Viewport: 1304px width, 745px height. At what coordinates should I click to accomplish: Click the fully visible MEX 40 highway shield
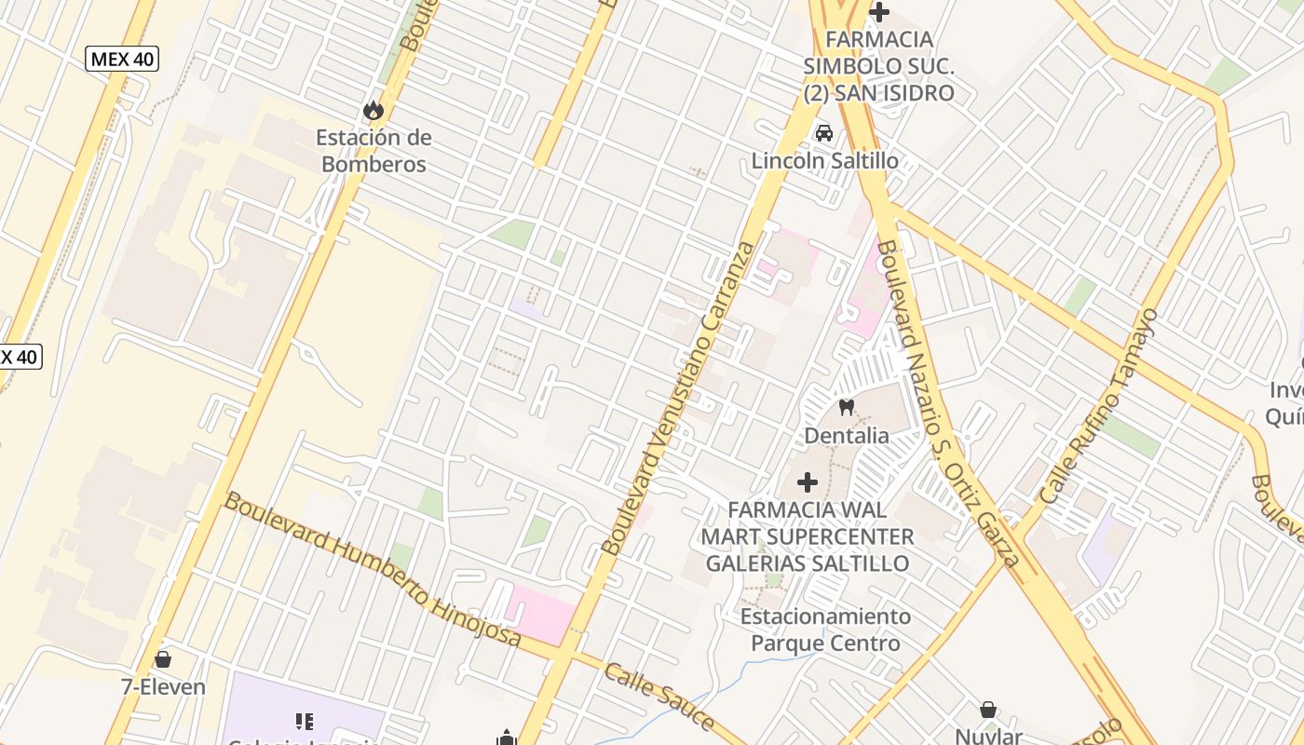(x=122, y=60)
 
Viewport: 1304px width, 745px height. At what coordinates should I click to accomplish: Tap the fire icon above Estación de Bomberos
(x=374, y=110)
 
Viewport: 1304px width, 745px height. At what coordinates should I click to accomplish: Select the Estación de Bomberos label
(x=373, y=151)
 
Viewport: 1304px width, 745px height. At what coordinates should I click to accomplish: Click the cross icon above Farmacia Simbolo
(x=878, y=12)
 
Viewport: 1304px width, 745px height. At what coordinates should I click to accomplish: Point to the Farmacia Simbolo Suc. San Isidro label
(x=879, y=66)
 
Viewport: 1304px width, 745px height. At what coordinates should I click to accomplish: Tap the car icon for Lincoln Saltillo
(x=824, y=133)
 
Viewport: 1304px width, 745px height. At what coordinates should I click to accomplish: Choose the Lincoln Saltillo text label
(x=825, y=161)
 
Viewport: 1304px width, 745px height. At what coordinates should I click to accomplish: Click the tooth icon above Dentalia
(x=847, y=407)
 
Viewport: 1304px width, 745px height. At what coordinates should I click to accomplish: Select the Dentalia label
(x=847, y=435)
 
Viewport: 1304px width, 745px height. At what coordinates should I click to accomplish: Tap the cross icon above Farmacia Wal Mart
(x=808, y=482)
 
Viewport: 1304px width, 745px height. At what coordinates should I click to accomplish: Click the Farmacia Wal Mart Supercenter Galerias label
(x=807, y=536)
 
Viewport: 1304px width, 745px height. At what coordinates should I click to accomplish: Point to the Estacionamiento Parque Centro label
(x=825, y=630)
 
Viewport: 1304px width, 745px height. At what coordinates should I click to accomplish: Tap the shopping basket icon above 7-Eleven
(x=163, y=659)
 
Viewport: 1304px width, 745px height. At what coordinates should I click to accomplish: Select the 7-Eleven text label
(x=163, y=687)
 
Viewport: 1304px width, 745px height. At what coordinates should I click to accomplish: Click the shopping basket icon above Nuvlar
(x=988, y=711)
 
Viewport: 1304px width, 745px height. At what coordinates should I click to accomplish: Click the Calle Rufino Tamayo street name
(x=1099, y=407)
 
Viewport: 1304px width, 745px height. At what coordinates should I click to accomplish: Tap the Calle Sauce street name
(x=659, y=698)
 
